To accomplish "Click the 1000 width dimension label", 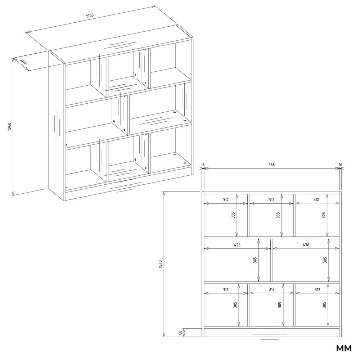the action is pyautogui.click(x=90, y=15).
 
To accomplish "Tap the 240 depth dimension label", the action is pyautogui.click(x=23, y=62).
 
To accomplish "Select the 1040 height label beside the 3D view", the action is pyautogui.click(x=9, y=127).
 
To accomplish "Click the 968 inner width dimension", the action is pyautogui.click(x=271, y=165).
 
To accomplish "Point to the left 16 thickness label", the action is pyautogui.click(x=203, y=165).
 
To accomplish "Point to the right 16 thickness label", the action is pyautogui.click(x=340, y=165).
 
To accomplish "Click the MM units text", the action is pyautogui.click(x=344, y=348).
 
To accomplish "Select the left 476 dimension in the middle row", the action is pyautogui.click(x=237, y=245).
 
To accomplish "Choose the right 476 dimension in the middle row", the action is pyautogui.click(x=306, y=245).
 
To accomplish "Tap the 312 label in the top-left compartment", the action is pyautogui.click(x=226, y=200).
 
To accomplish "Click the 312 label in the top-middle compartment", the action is pyautogui.click(x=271, y=200).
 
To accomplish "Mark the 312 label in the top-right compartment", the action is pyautogui.click(x=316, y=199).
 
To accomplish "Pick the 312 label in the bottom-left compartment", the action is pyautogui.click(x=226, y=290).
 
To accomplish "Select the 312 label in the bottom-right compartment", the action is pyautogui.click(x=317, y=290).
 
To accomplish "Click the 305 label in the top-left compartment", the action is pyautogui.click(x=233, y=215).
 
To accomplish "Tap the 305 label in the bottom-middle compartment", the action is pyautogui.click(x=279, y=305).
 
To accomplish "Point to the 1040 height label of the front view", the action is pyautogui.click(x=160, y=264).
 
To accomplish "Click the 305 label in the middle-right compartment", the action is pyautogui.click(x=325, y=260).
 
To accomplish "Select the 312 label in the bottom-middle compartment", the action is pyautogui.click(x=271, y=289).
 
